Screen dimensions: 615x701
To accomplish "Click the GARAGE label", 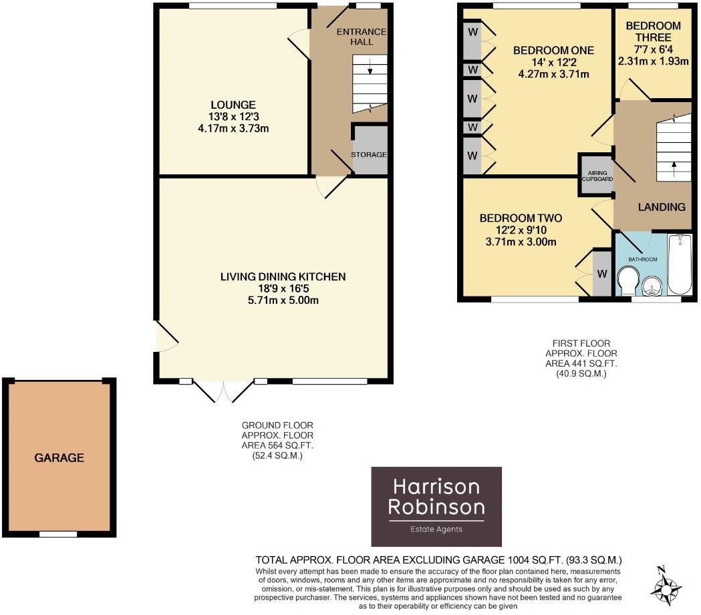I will (59, 458).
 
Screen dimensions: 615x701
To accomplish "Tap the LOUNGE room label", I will (233, 105).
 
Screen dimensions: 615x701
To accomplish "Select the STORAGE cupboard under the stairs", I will (370, 154).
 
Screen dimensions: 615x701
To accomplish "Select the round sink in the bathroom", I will (652, 286).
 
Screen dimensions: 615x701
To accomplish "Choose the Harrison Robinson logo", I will (436, 507).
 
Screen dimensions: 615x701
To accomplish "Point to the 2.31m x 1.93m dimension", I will (654, 61).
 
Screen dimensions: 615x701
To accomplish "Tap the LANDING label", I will (662, 207).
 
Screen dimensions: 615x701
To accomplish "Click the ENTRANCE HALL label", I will (361, 37).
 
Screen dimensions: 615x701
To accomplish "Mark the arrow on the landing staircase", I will (673, 165).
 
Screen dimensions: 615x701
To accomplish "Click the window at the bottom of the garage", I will (57, 534).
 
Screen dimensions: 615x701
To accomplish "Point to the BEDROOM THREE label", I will (653, 31).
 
